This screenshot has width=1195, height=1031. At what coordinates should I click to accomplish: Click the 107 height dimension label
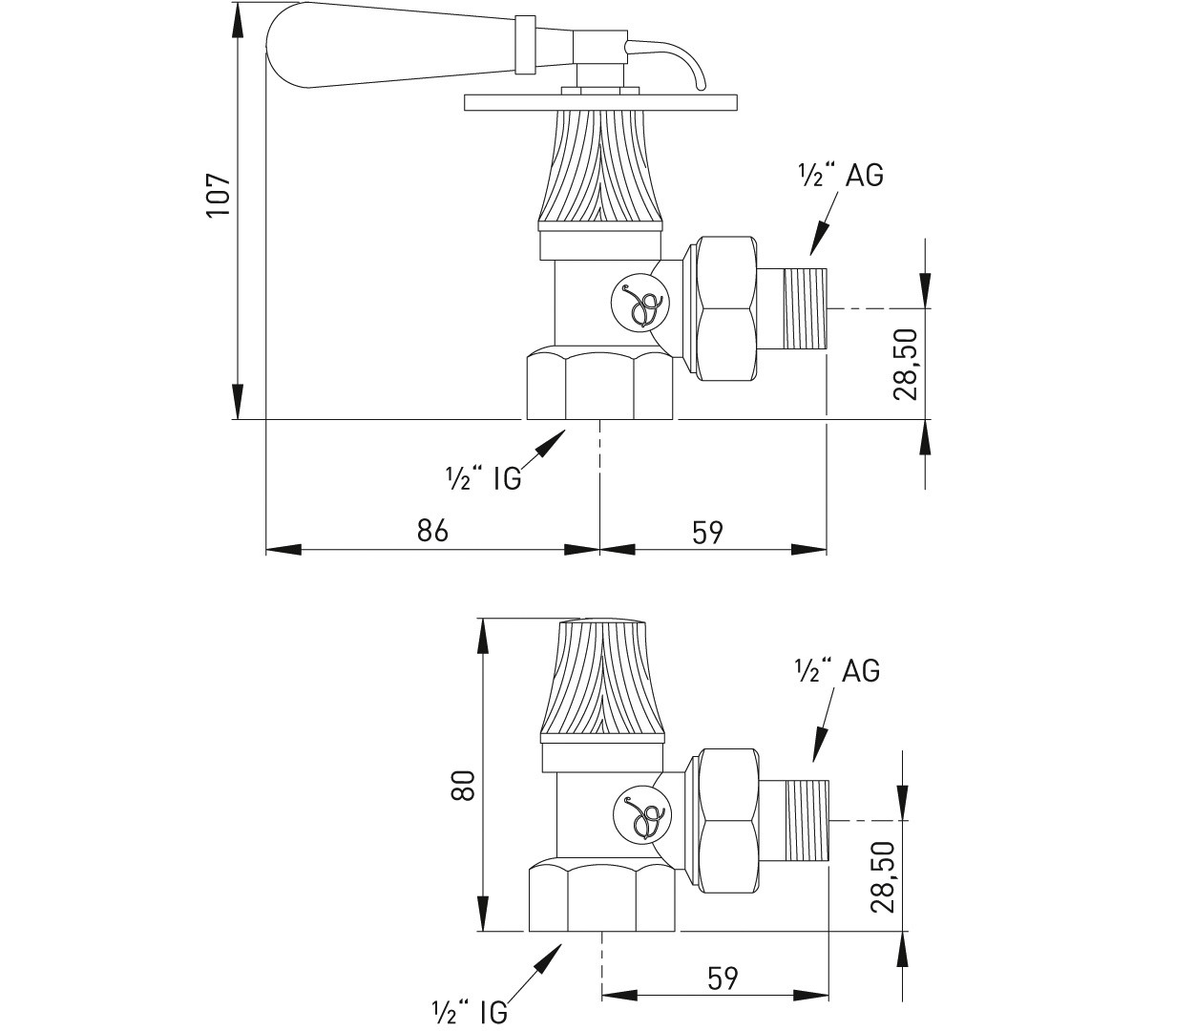(x=219, y=195)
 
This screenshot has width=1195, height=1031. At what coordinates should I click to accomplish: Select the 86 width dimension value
(x=432, y=530)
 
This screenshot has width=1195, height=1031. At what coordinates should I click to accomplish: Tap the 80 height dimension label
(x=463, y=786)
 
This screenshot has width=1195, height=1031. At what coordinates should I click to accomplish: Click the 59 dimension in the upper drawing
(x=707, y=532)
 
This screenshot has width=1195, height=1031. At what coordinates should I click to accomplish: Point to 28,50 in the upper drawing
(x=906, y=364)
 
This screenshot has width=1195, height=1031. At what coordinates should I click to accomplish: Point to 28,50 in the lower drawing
(x=883, y=875)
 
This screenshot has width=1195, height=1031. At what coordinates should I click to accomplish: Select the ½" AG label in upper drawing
(x=840, y=176)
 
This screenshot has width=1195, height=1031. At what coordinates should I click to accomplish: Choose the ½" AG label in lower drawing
(x=837, y=671)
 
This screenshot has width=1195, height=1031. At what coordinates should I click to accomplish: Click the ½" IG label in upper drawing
(x=484, y=478)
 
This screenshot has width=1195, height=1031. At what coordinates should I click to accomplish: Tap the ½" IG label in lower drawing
(x=470, y=1011)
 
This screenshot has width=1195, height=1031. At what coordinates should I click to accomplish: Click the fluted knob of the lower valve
(x=601, y=678)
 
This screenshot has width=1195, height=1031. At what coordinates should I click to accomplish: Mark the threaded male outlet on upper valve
(x=806, y=308)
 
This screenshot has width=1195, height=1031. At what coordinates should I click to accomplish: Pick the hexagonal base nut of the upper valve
(x=601, y=386)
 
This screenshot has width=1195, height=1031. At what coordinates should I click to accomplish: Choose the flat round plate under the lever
(x=601, y=102)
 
